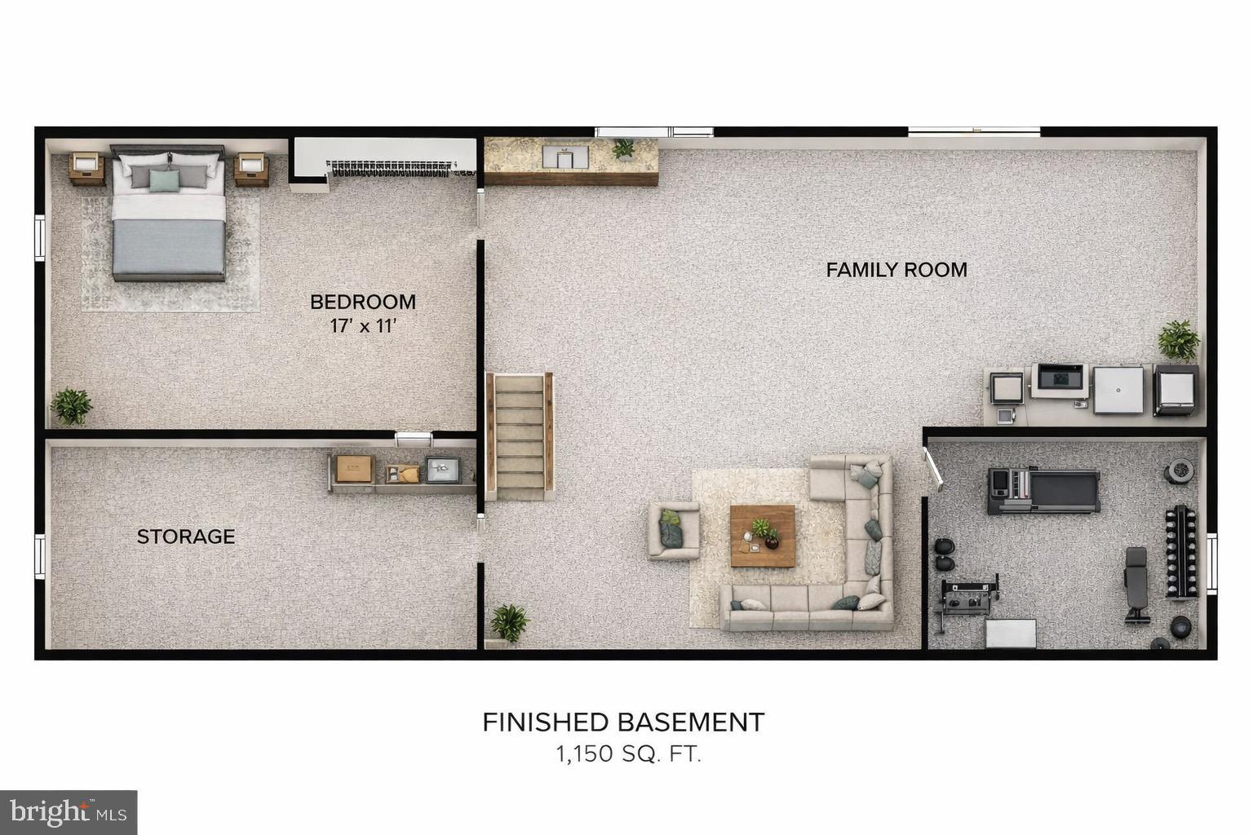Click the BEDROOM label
click(362, 302)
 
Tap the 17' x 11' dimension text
click(362, 326)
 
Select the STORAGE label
click(186, 537)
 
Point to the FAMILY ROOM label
click(897, 270)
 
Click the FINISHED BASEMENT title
click(623, 722)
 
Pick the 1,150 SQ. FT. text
click(628, 754)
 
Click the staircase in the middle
click(520, 436)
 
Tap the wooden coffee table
click(762, 536)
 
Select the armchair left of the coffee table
click(673, 531)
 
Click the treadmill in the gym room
click(1043, 491)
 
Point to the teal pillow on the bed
click(164, 180)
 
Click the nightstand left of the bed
click(86, 168)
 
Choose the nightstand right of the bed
click(251, 169)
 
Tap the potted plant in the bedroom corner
click(71, 405)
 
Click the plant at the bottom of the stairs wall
click(509, 623)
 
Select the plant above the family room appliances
click(1179, 340)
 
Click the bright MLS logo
click(69, 812)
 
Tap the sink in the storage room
click(441, 469)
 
